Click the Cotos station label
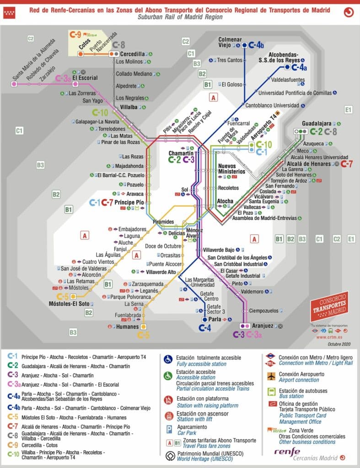pos(84,46)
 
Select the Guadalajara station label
pos(317,123)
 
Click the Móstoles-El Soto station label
pos(69,303)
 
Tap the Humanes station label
pos(128,327)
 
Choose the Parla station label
pos(214,319)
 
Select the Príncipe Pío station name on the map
pos(129,202)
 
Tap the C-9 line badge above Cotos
pos(75,34)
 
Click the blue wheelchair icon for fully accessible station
pos(167,360)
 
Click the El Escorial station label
pos(85,78)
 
